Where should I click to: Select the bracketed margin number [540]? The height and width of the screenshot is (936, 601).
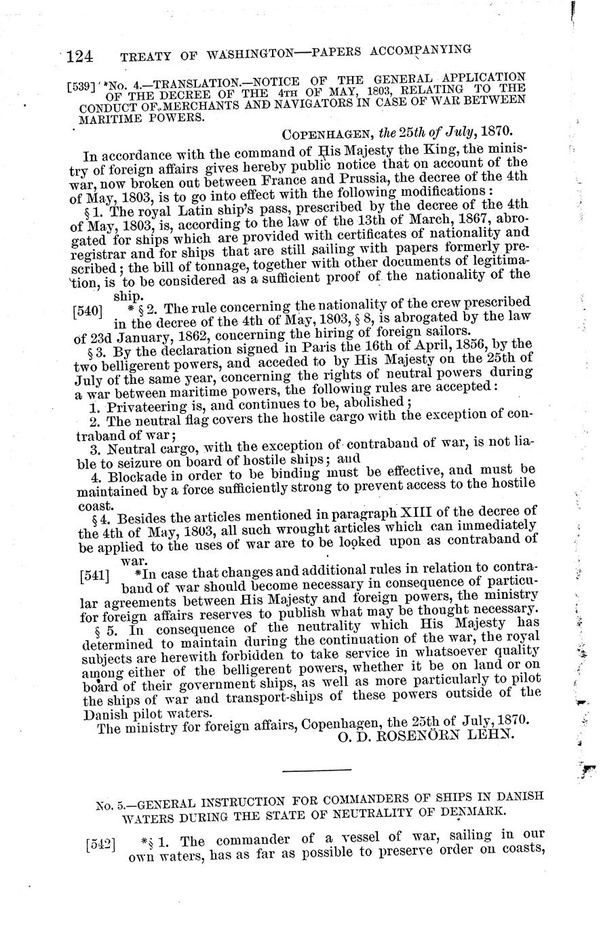click(90, 311)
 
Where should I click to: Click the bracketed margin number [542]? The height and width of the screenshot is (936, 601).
click(101, 845)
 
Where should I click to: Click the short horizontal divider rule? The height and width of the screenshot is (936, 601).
click(317, 770)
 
